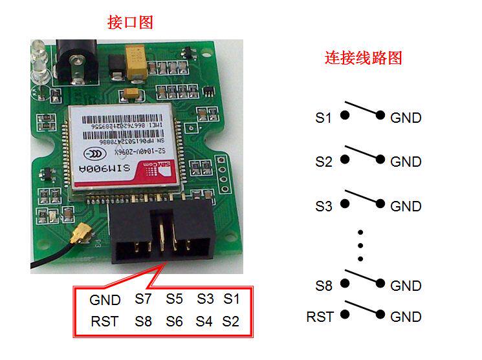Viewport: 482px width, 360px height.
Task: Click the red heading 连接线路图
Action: (363, 58)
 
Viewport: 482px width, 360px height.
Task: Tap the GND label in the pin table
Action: (105, 300)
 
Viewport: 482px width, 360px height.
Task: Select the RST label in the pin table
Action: (105, 321)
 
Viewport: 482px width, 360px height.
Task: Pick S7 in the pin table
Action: (144, 299)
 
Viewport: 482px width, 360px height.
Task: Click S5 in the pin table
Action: (175, 299)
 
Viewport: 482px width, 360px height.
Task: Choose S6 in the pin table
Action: (175, 321)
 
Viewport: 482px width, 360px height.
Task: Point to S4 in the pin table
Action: (204, 321)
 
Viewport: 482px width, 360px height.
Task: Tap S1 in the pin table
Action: (232, 299)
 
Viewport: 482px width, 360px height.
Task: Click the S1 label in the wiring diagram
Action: (323, 118)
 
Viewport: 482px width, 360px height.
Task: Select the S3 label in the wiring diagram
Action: (323, 207)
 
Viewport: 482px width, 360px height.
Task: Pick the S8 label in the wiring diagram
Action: (323, 286)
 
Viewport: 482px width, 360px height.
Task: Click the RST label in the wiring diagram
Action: (320, 317)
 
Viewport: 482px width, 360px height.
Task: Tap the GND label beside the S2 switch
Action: (406, 162)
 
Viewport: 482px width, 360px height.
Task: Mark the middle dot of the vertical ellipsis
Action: (361, 246)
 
